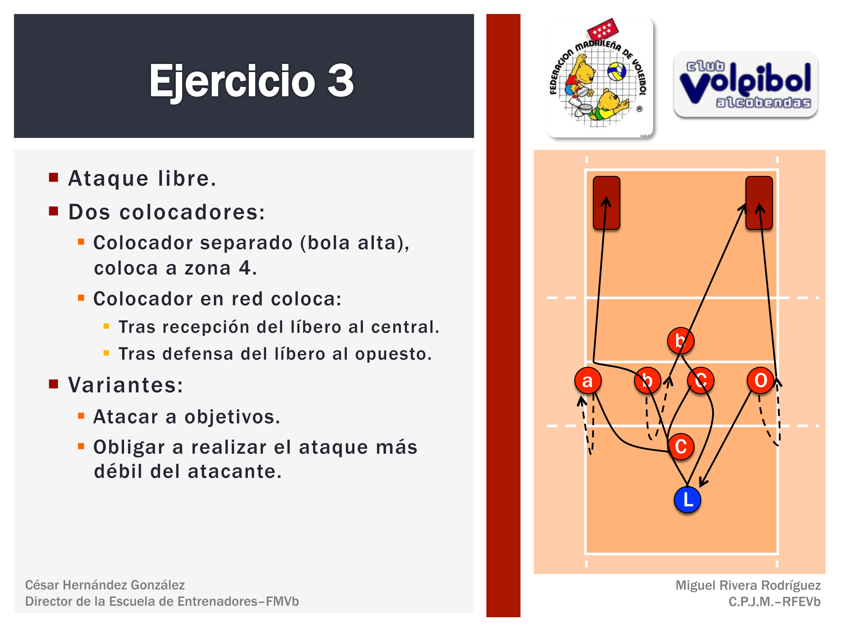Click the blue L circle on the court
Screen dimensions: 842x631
(687, 499)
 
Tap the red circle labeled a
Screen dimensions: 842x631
(588, 380)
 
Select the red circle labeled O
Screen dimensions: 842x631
(761, 380)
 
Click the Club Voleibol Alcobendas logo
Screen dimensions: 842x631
(746, 84)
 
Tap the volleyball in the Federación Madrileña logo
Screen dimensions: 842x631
(616, 71)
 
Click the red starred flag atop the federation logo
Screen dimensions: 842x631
(603, 29)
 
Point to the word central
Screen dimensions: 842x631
(405, 327)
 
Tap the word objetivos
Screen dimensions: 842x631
(233, 417)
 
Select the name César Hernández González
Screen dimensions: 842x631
(105, 585)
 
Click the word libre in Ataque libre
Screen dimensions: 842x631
(187, 178)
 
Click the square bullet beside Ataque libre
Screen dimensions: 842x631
(54, 177)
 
